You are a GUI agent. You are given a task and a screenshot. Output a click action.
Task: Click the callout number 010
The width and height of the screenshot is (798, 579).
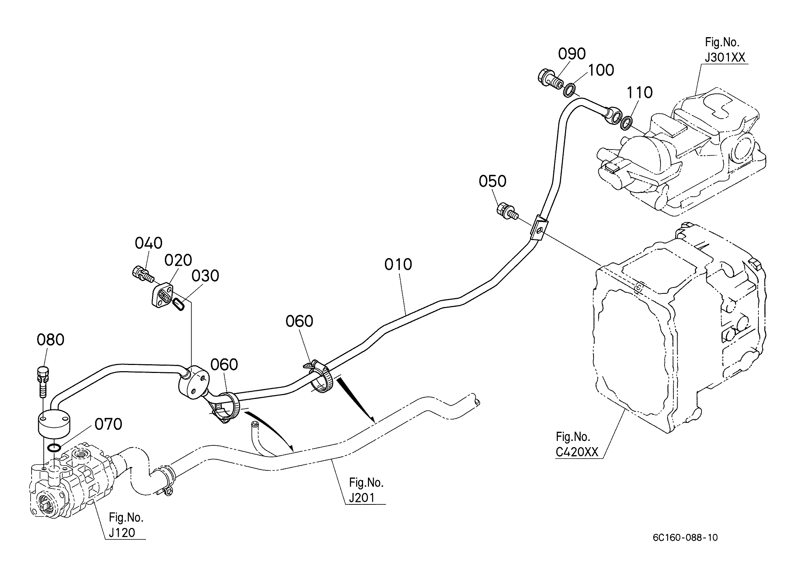coord(398,265)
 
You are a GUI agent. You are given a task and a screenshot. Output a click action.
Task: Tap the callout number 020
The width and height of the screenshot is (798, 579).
coord(178,260)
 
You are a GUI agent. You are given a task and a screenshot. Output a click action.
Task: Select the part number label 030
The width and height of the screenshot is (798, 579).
coord(205,276)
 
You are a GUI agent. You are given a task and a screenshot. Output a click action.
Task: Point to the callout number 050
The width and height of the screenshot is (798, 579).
coord(493,181)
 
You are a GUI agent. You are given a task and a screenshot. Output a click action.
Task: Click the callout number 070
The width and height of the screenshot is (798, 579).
coord(108,424)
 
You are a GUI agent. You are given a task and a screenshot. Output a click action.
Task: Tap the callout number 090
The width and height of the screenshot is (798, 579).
coord(572,54)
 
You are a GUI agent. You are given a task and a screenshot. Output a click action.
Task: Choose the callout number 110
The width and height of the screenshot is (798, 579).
coord(640,93)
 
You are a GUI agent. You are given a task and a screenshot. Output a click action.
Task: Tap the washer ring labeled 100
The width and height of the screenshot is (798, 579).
coord(570,90)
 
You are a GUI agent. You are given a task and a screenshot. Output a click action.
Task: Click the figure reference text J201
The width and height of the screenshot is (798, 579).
coord(362,498)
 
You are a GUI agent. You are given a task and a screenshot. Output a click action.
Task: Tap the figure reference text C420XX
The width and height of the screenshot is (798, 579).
coord(577,452)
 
